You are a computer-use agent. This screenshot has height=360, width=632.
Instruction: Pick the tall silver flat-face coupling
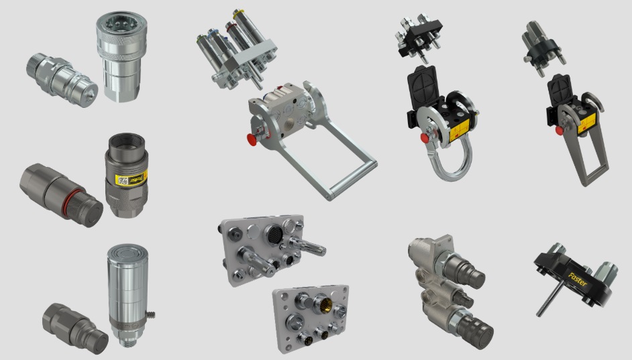click(x=127, y=295)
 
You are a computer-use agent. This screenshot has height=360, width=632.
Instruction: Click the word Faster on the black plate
click(x=576, y=278)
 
